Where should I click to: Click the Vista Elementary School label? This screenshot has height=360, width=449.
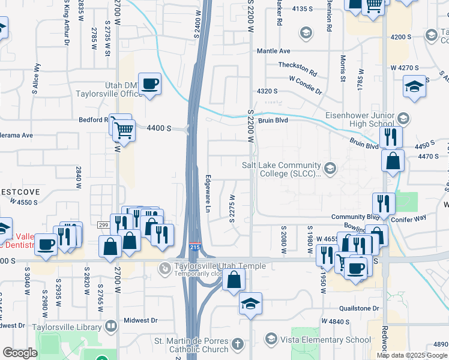[327, 340]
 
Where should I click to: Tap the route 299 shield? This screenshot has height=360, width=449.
[103, 224]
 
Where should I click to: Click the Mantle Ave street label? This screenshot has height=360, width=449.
[273, 51]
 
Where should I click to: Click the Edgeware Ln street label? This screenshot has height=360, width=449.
[208, 193]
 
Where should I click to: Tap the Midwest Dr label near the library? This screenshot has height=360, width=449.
[140, 320]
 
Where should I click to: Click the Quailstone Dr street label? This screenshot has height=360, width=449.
[357, 308]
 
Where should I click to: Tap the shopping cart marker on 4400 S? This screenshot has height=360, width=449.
[124, 130]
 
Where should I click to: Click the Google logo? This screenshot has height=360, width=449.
[20, 353]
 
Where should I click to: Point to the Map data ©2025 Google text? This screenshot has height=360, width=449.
[412, 355]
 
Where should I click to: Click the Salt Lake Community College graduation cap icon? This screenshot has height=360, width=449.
[329, 166]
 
